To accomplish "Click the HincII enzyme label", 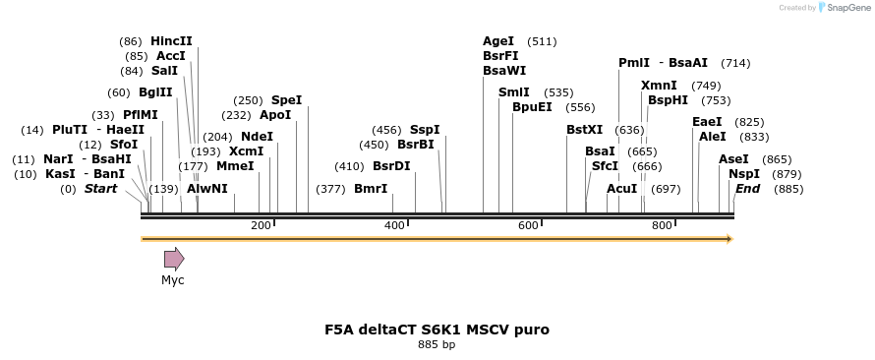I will (171, 41).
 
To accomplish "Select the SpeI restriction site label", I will (286, 100).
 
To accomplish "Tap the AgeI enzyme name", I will (498, 41).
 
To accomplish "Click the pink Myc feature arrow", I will (174, 259).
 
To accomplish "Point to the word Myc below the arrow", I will (173, 280).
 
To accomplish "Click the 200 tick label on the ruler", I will (261, 226).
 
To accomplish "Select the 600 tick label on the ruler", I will (528, 226).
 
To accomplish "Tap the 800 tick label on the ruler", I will (662, 226).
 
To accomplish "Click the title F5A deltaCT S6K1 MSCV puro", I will (437, 330).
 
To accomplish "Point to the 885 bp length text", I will (437, 345).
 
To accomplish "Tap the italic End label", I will (748, 189).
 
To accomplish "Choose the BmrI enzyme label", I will (371, 189).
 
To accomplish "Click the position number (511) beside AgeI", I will (542, 41).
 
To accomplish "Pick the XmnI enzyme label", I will (659, 86).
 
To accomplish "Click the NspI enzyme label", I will (744, 174).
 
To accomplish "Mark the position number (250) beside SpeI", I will (248, 100).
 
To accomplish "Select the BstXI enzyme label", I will (585, 130).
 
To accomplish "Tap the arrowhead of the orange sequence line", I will (729, 239).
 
